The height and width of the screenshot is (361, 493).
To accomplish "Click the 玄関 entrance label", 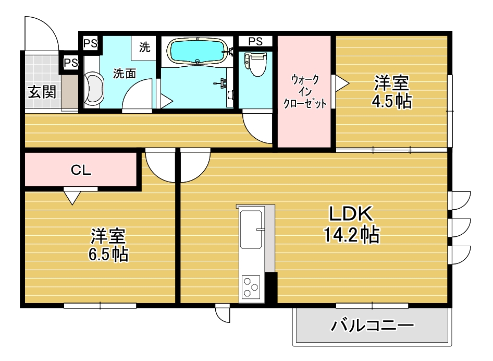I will tap(42, 93).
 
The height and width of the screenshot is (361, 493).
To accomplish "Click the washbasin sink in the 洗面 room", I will tap(94, 89).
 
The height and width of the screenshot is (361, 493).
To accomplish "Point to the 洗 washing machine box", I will tap(144, 47).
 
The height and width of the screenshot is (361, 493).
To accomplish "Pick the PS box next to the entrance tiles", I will tap(70, 63).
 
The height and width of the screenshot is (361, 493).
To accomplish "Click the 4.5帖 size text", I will tap(391, 101).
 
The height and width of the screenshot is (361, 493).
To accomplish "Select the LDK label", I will tap(350, 214).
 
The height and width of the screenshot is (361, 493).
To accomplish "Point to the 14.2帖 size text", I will tap(351, 236).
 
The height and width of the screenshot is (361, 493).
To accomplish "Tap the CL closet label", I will tap(81, 170).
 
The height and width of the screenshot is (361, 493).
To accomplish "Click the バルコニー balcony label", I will tap(372, 327).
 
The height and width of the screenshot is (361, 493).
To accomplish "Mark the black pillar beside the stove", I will tap(271, 287).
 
